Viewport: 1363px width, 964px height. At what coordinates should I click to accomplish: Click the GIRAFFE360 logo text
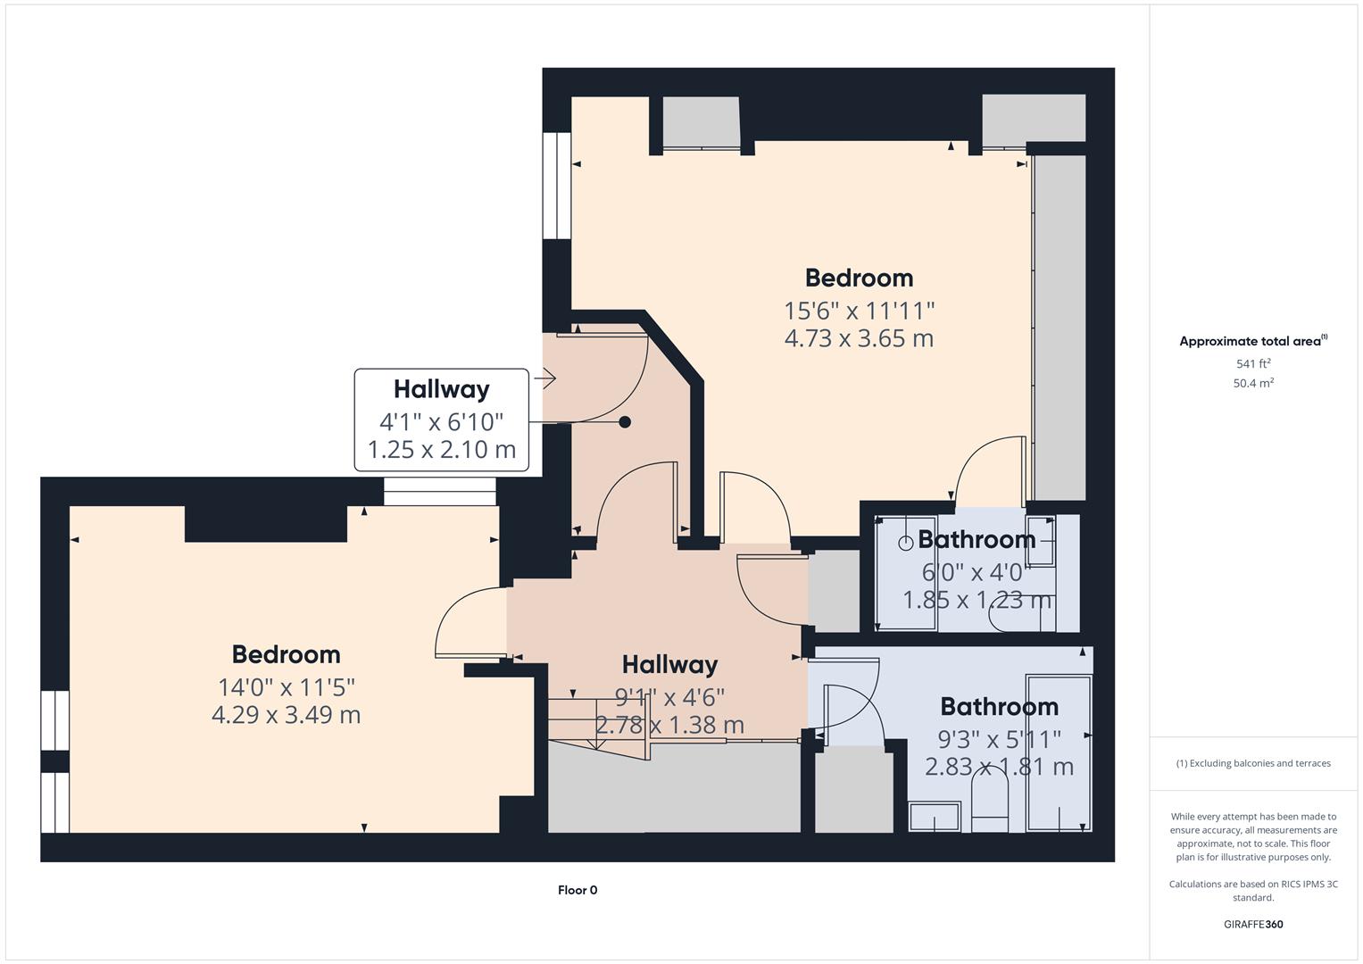(x=1253, y=924)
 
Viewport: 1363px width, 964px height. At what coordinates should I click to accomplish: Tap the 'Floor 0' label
(x=578, y=890)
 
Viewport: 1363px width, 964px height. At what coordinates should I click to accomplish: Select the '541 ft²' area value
(x=1253, y=363)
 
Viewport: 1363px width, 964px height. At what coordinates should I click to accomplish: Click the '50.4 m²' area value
(x=1253, y=383)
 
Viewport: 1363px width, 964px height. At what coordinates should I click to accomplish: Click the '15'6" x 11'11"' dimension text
(x=859, y=311)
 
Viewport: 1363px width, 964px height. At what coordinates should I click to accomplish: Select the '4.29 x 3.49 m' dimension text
(x=286, y=715)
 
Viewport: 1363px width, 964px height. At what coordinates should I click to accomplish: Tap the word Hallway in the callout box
(x=441, y=389)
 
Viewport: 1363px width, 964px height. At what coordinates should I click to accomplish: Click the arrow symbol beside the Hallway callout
(x=545, y=378)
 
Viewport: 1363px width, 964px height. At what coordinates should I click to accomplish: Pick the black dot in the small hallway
(x=625, y=422)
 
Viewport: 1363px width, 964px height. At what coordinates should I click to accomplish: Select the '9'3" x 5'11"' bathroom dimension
(x=999, y=739)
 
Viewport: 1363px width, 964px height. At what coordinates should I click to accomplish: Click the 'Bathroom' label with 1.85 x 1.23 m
(x=977, y=539)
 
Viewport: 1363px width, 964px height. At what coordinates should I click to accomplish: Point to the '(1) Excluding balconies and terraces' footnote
(x=1253, y=763)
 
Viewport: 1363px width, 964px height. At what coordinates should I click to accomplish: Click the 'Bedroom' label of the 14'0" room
(x=286, y=654)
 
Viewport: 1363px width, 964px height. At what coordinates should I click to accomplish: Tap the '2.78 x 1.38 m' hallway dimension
(x=669, y=725)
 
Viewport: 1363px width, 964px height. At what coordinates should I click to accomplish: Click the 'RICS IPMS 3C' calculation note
(x=1253, y=891)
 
